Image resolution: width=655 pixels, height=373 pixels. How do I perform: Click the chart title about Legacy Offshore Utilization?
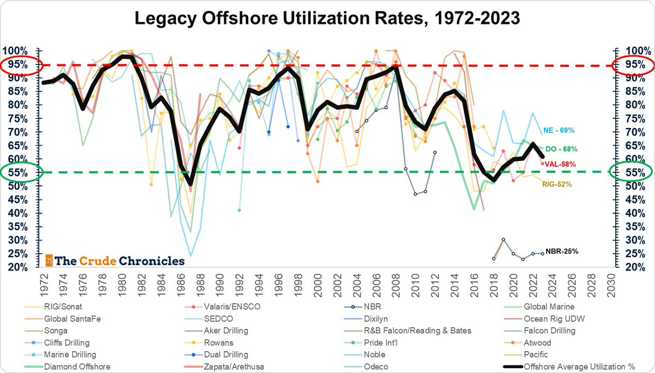pos(327,20)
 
